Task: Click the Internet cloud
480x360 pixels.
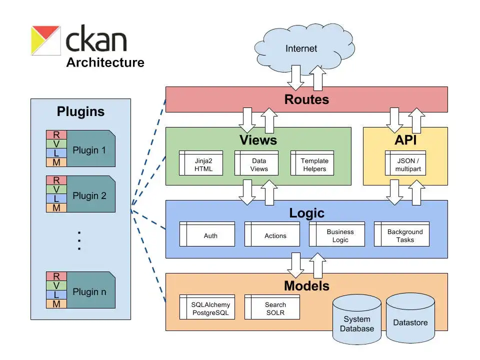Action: pos(301,49)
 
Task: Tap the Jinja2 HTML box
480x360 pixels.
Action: pos(203,165)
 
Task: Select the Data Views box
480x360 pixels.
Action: pos(259,165)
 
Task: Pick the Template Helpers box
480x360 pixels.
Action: pos(314,165)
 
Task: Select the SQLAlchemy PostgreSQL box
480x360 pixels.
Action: pos(210,308)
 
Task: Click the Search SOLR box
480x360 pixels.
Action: pos(275,308)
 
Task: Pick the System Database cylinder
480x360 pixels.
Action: pos(357,323)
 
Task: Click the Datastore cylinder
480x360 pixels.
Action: pos(410,321)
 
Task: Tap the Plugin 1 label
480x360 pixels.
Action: pos(89,150)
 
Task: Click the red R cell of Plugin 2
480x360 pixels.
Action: pos(56,180)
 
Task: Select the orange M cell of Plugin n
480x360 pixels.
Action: pos(56,303)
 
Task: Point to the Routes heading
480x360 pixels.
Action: pos(306,99)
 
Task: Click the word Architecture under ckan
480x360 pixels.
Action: pos(105,62)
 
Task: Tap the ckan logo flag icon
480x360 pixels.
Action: pos(45,40)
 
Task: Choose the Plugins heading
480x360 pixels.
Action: pos(80,111)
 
